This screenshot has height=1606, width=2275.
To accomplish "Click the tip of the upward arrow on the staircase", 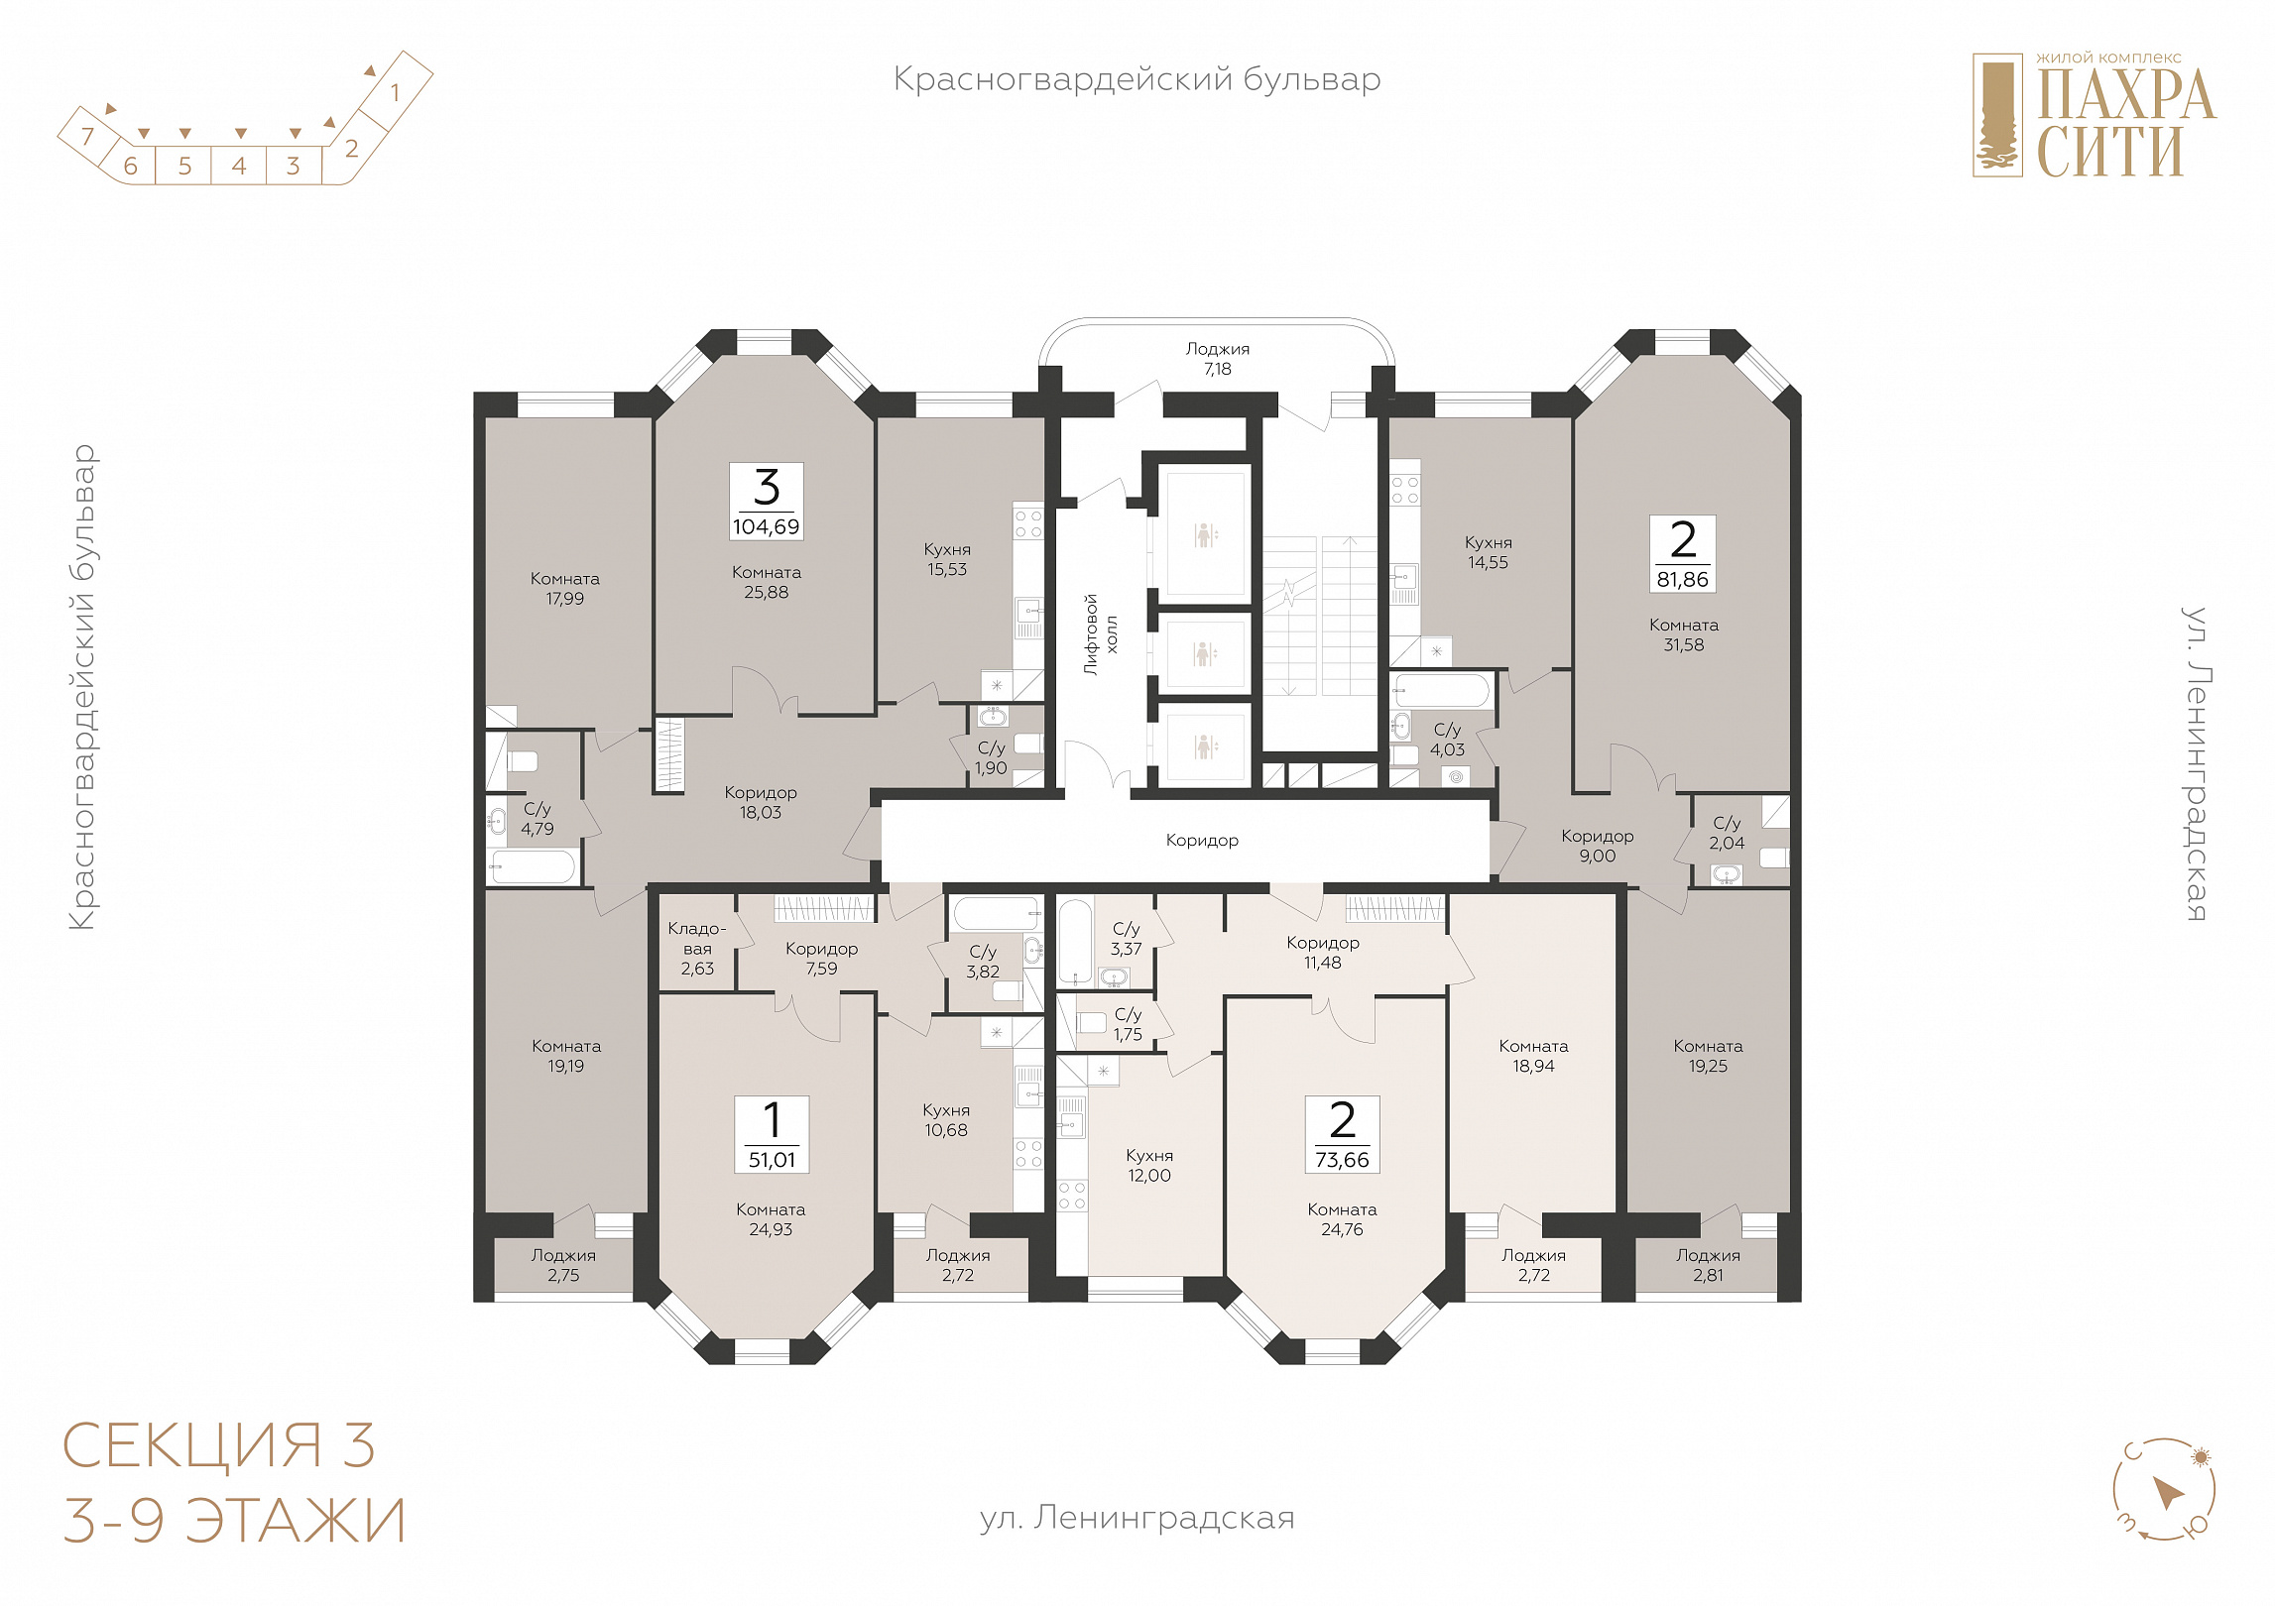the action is [x=1349, y=538].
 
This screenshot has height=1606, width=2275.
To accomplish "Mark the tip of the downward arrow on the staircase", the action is [x=1289, y=694].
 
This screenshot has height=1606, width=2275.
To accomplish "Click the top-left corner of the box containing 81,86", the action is [x=1650, y=516].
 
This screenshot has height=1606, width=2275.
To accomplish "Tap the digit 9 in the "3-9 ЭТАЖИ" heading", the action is [x=147, y=1521].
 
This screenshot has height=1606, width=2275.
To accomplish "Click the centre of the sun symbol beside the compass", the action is [x=2202, y=1457].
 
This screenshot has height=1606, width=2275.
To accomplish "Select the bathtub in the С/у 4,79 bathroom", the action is [x=533, y=866].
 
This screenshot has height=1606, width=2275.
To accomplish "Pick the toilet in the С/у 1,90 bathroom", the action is [x=1028, y=744].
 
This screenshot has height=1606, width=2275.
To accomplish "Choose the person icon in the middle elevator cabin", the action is [x=1204, y=654].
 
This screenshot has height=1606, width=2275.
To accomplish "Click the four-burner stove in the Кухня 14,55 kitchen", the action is [x=1404, y=490].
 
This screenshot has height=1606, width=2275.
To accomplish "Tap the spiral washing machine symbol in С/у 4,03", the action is [x=1456, y=777].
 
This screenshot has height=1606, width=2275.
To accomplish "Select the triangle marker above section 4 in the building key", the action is [x=240, y=133].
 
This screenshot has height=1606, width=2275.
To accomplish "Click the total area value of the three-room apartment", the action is [x=767, y=526].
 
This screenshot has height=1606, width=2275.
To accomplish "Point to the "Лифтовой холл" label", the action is [x=1101, y=634].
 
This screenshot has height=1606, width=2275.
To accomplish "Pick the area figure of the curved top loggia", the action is [x=1218, y=369].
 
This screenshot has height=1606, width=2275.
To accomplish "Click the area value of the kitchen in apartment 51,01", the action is [x=946, y=1130].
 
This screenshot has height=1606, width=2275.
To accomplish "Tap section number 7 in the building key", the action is [x=88, y=136].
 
